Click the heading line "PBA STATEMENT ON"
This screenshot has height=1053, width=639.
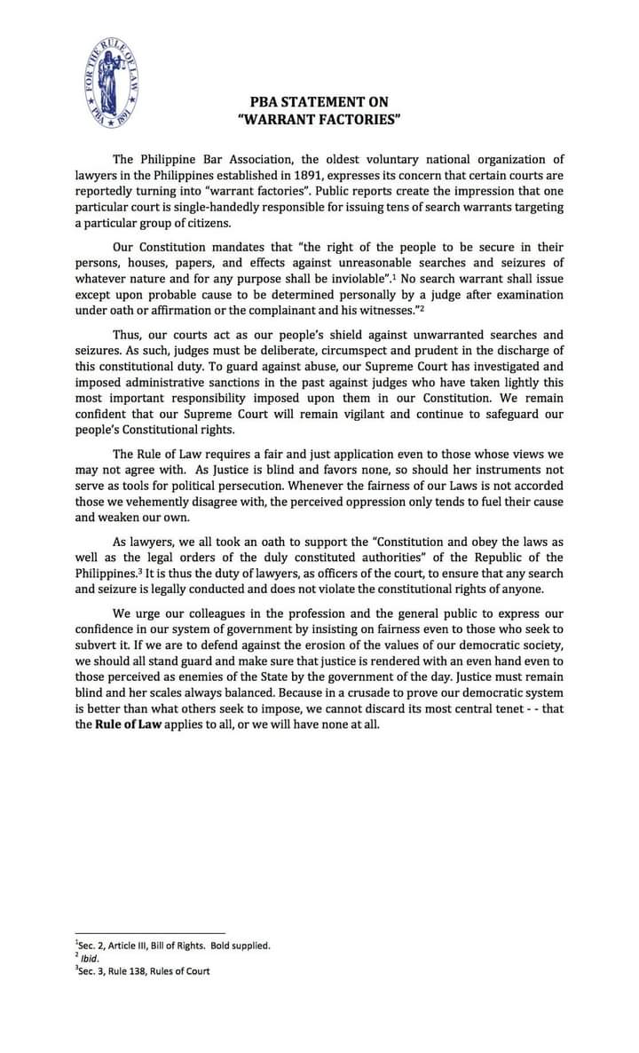319,103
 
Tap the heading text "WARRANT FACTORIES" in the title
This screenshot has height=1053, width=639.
319,119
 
